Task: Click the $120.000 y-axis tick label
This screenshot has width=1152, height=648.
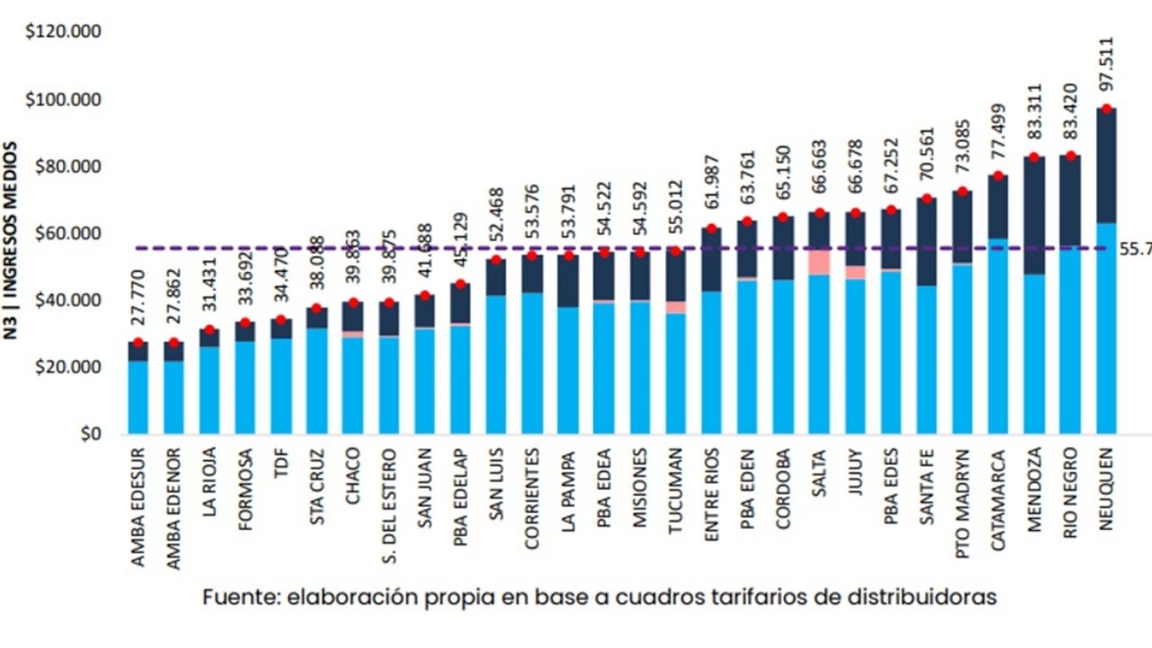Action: (63, 33)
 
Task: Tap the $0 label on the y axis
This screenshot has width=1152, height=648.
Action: (88, 435)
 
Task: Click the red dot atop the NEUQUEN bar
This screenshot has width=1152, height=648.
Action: (1107, 109)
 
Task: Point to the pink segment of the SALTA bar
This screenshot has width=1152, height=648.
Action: (819, 262)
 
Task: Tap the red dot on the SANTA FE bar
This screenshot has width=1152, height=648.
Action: (927, 199)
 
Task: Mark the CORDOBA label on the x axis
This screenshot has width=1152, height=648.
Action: (783, 488)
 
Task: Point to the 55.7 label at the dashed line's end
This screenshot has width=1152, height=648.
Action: (1135, 248)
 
